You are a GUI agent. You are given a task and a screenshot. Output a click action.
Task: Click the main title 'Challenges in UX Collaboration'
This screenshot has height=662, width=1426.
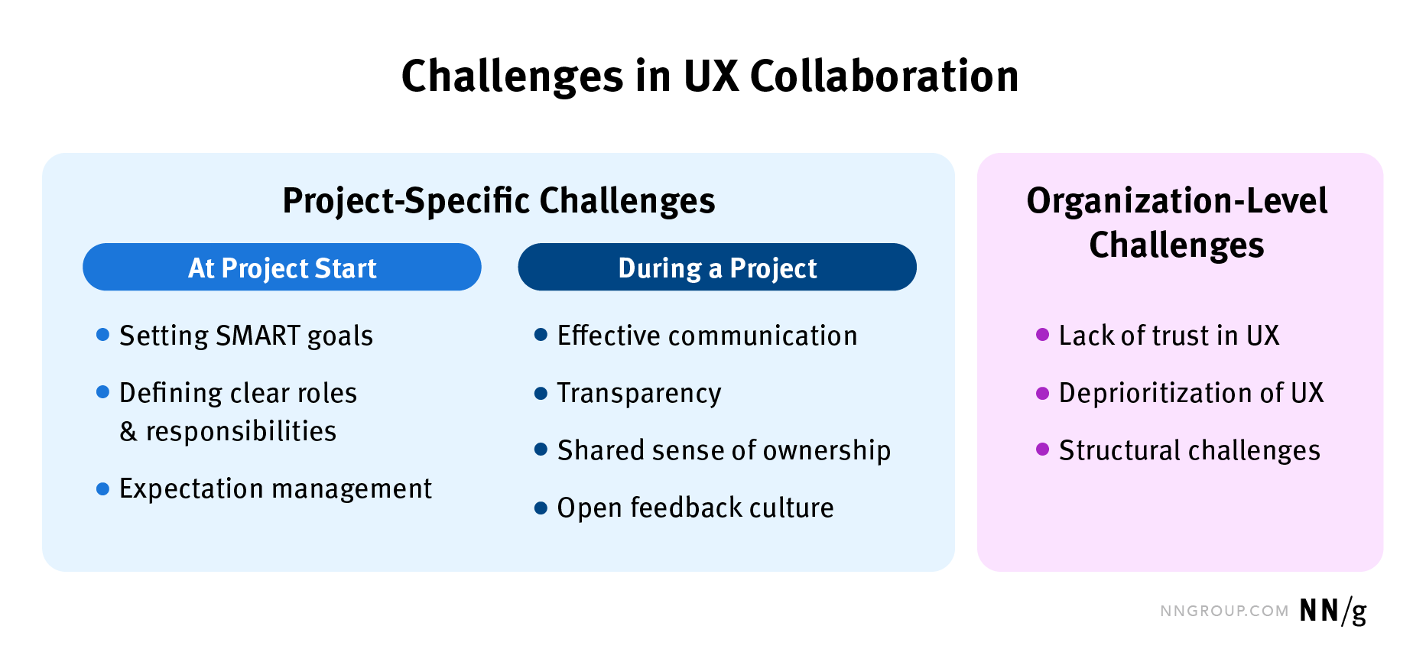(710, 76)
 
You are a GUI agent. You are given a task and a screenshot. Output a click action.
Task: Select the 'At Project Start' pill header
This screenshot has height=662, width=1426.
(282, 268)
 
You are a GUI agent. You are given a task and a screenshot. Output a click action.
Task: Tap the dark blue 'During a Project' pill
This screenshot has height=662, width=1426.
(717, 268)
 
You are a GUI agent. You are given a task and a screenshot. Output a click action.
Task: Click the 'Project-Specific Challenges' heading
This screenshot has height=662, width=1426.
(499, 201)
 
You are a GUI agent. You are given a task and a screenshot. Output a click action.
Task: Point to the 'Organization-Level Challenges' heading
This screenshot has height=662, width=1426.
(1177, 222)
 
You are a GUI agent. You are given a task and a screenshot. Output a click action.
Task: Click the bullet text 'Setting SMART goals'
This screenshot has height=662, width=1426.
(246, 336)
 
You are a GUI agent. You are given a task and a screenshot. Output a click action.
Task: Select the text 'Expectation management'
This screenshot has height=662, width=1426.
(275, 488)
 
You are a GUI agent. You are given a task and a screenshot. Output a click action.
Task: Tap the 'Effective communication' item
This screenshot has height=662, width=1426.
(707, 336)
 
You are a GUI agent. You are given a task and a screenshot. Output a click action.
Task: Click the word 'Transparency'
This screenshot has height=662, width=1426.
(639, 393)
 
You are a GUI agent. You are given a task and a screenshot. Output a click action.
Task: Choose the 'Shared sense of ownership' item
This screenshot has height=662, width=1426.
(724, 450)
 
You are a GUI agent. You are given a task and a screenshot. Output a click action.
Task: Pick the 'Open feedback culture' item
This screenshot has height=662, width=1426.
(695, 508)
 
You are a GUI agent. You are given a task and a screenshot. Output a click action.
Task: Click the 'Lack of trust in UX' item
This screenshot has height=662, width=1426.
(1168, 336)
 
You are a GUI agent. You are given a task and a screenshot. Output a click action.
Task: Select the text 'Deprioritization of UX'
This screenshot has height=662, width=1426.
(1190, 393)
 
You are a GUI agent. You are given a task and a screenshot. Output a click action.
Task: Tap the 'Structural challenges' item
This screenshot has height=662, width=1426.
(1189, 450)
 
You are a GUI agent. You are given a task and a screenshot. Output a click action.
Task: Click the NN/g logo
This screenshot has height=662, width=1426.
(1333, 611)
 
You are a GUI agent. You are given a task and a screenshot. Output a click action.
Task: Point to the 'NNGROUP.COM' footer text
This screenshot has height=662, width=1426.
(1224, 612)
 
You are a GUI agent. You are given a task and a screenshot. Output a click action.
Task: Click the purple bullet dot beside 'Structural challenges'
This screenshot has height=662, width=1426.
(1042, 449)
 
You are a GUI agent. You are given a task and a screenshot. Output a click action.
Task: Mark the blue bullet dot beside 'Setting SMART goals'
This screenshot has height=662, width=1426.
(103, 334)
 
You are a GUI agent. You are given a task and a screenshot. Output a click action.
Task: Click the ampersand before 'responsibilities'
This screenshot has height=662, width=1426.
(128, 432)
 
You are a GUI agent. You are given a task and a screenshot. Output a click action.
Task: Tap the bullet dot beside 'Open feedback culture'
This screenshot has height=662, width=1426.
(541, 508)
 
